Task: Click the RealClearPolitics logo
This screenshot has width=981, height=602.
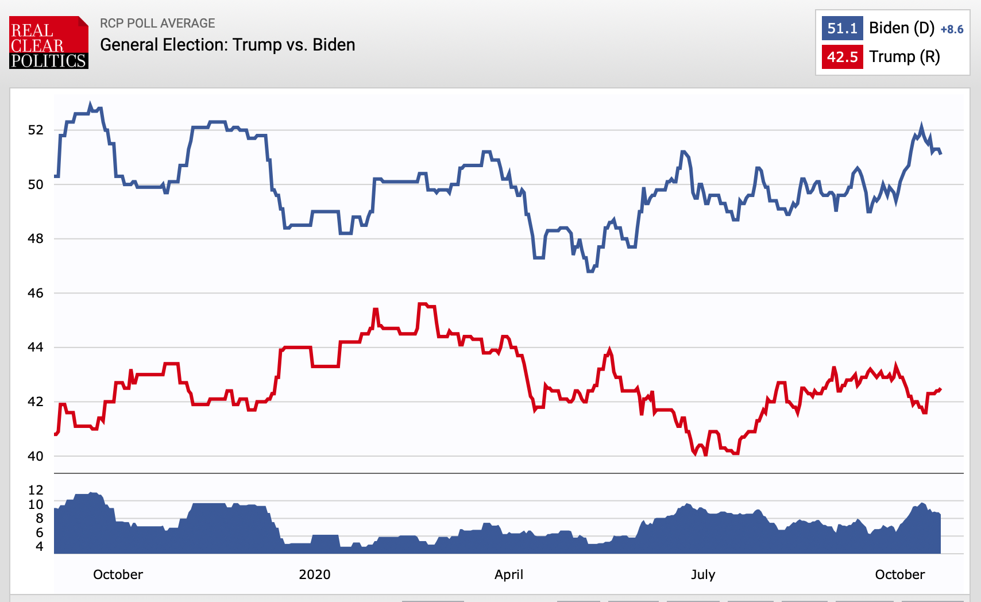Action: (49, 43)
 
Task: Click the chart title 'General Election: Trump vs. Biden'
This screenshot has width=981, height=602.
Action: (227, 45)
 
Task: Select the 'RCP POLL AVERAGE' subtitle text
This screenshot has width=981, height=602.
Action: (157, 24)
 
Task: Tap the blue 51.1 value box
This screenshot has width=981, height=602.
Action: (842, 28)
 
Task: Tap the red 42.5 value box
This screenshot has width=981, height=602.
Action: (842, 57)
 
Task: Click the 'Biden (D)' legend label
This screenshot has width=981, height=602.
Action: (902, 28)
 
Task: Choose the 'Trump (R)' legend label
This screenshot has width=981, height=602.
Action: (905, 57)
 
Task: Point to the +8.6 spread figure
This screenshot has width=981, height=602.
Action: (952, 30)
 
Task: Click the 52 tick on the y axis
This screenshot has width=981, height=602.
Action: (36, 130)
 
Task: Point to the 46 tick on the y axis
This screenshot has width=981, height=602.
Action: (36, 294)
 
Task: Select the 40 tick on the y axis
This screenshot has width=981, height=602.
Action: (36, 456)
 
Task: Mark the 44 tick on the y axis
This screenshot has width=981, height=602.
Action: (36, 347)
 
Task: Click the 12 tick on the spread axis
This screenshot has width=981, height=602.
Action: (36, 490)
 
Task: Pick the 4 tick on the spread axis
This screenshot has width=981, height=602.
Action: (39, 546)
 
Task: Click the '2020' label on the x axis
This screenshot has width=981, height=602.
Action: (315, 574)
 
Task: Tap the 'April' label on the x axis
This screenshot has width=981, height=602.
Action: (509, 574)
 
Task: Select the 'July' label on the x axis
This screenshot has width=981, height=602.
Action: (703, 574)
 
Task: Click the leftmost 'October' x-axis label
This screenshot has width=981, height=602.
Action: (118, 574)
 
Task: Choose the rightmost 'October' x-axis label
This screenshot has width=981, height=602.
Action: (900, 574)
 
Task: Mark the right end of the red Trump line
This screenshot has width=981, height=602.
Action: (940, 389)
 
